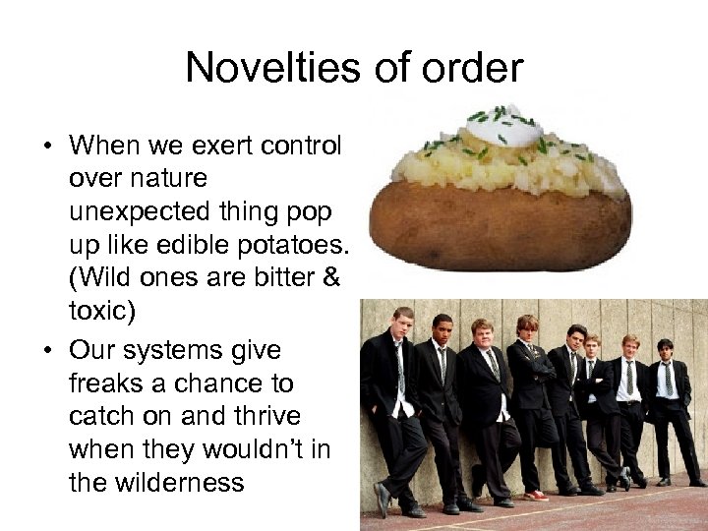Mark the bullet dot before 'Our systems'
[x=46, y=350]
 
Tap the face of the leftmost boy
[x=402, y=324]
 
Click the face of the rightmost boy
[x=665, y=351]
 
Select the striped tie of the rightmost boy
[x=668, y=379]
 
